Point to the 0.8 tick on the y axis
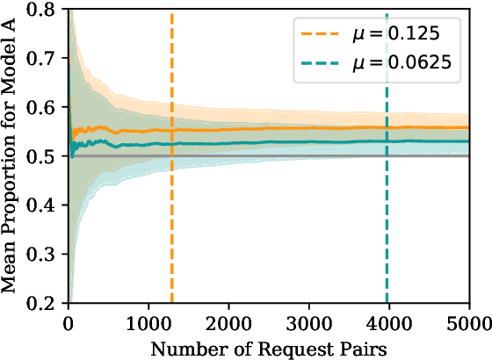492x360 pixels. (48, 9)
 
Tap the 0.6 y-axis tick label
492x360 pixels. (48, 107)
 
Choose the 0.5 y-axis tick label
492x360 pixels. (48, 156)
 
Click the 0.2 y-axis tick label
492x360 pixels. (48, 304)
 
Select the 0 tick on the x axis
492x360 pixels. (69, 321)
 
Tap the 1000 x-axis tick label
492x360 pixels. (148, 321)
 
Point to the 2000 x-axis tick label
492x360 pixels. (228, 321)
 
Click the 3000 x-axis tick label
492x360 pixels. (308, 321)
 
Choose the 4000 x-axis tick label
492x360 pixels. (388, 321)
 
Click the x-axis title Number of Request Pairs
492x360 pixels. (268, 346)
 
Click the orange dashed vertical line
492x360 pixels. (172, 220)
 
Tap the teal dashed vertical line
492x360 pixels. (386, 220)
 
